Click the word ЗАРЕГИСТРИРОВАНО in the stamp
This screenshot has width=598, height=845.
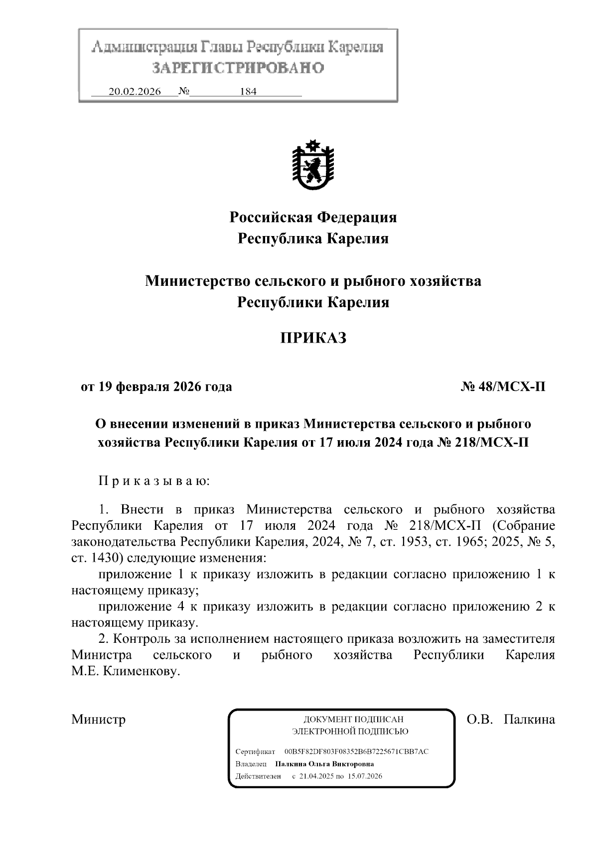[238, 68]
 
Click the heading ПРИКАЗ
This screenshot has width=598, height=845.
[313, 338]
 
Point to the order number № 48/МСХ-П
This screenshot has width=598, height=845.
[503, 386]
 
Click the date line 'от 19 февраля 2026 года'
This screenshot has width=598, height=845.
[156, 386]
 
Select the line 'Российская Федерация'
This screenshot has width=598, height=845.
[313, 217]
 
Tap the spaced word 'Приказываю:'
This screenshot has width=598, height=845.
[154, 481]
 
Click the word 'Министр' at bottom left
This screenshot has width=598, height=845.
[98, 719]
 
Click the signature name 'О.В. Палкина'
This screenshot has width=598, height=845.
[510, 719]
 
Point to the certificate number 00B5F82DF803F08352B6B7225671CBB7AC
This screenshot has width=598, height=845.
[356, 751]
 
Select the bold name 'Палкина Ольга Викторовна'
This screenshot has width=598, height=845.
[324, 764]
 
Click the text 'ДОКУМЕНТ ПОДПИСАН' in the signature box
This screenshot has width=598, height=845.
[353, 719]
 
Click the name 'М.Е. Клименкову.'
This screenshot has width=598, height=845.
[125, 671]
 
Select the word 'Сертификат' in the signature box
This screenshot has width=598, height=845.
[255, 751]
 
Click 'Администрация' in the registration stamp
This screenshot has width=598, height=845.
[144, 48]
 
